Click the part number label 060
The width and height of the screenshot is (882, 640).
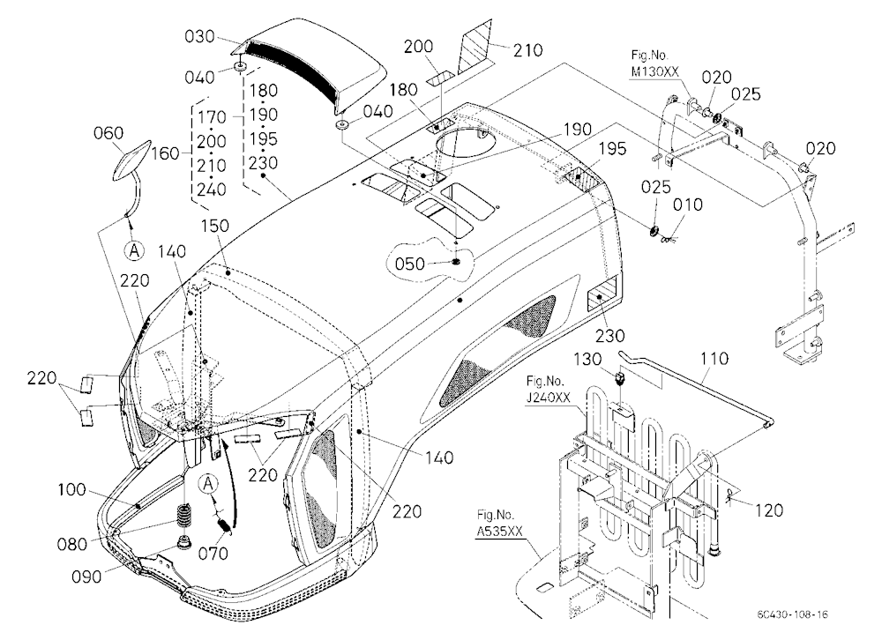(x=108, y=133)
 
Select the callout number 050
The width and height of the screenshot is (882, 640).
(x=409, y=264)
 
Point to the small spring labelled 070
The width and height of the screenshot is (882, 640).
(x=223, y=525)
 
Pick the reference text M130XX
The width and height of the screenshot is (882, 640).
(x=654, y=72)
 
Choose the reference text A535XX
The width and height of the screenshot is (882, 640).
(x=500, y=531)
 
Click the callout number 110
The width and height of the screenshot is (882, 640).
(x=714, y=358)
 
